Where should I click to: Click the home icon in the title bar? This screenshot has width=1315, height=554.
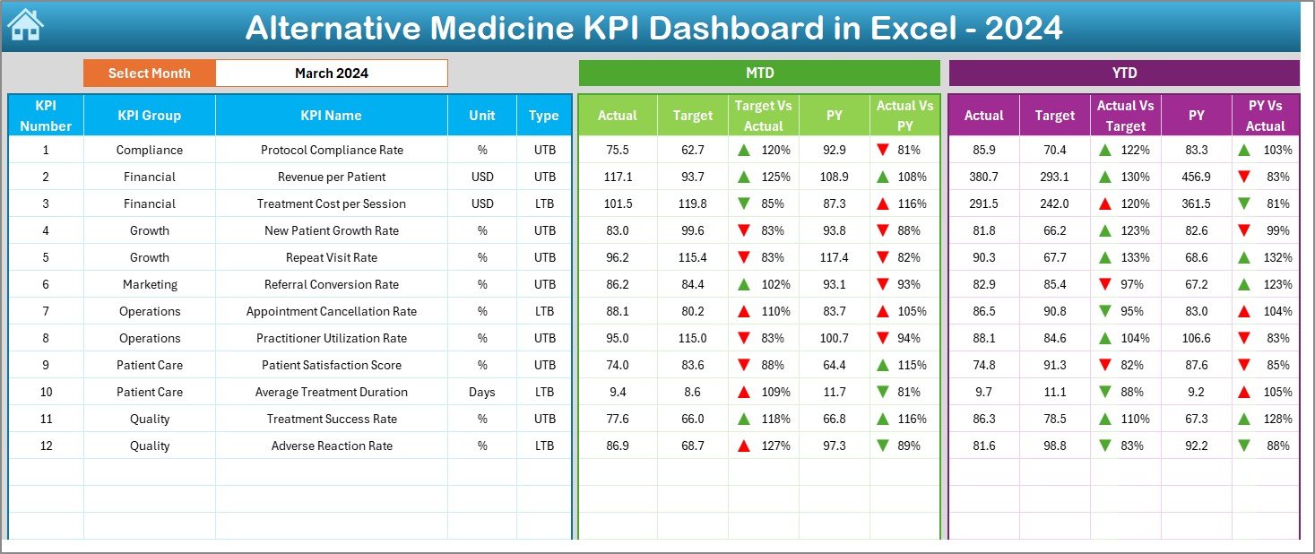click(x=25, y=26)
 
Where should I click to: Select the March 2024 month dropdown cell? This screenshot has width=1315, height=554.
click(x=331, y=74)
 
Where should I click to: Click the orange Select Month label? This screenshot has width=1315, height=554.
click(x=149, y=74)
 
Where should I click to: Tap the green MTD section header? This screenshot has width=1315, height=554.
click(x=759, y=74)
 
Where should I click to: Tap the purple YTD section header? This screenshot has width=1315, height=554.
click(x=1123, y=74)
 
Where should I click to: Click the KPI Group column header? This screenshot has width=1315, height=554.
click(x=149, y=116)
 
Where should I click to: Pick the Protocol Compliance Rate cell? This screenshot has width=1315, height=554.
click(x=332, y=150)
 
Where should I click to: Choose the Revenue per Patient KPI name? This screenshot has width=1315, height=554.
click(x=332, y=177)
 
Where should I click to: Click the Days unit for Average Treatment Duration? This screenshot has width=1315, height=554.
click(x=482, y=392)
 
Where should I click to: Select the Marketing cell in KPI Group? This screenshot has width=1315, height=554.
click(x=149, y=284)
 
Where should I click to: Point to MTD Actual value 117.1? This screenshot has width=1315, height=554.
click(x=618, y=177)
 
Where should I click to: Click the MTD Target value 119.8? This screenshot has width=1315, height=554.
click(x=692, y=203)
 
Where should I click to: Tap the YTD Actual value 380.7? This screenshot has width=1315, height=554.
click(x=983, y=177)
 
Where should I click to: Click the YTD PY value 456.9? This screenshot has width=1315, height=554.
click(x=1196, y=177)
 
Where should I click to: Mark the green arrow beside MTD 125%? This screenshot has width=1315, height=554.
click(x=743, y=177)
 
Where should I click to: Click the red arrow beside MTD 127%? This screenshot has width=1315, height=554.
click(x=743, y=446)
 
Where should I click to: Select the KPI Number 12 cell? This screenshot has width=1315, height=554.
click(x=46, y=446)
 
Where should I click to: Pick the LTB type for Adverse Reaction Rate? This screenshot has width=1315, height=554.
click(x=544, y=446)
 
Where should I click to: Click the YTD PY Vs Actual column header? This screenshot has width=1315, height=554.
click(x=1265, y=116)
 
